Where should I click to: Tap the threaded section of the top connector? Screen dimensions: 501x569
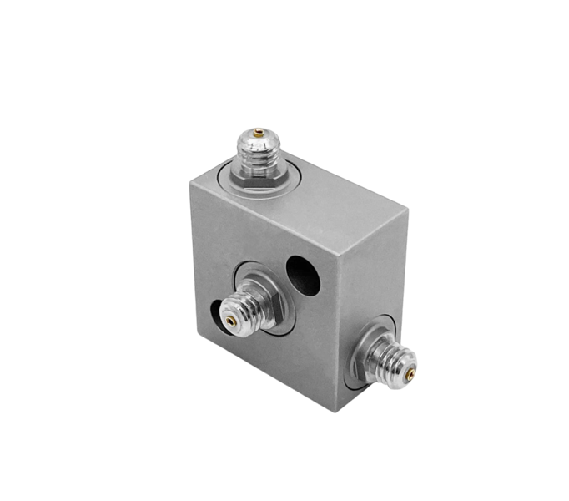(x=259, y=150)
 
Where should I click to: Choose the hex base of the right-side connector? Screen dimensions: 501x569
(x=372, y=348)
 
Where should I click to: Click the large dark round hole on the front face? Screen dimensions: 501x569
(x=304, y=276)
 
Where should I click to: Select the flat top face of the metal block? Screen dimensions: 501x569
(x=334, y=200)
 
